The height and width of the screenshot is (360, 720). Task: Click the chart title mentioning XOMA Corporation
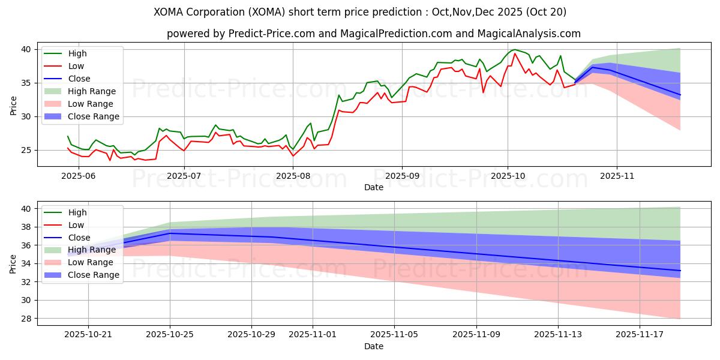(360, 12)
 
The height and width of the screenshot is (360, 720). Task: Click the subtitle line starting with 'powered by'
(373, 34)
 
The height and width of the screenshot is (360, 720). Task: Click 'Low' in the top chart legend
(77, 66)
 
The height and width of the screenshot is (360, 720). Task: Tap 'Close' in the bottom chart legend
(79, 238)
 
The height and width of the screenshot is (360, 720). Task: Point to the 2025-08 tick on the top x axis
(293, 175)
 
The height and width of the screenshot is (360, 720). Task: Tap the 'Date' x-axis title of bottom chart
(373, 347)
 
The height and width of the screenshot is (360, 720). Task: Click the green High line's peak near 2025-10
(514, 50)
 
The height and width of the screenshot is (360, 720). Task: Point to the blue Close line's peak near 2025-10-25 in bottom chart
(170, 233)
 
